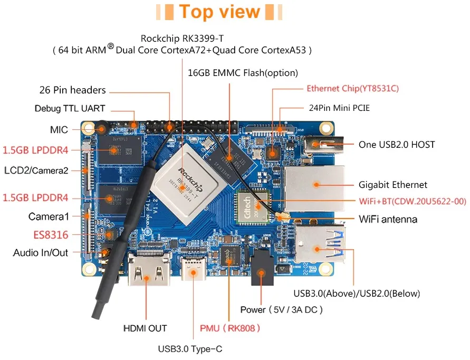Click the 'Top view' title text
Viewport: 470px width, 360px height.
pos(219,12)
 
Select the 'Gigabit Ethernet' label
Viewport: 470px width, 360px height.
pos(393,185)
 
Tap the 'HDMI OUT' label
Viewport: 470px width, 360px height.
pos(145,328)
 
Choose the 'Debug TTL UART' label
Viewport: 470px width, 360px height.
pos(70,108)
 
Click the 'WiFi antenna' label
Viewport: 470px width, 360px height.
pos(388,219)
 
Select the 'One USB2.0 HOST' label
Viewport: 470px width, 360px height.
pos(397,144)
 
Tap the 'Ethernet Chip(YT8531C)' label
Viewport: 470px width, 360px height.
pos(352,89)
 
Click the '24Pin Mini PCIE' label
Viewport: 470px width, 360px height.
pos(339,108)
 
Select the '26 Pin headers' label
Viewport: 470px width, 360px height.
pos(72,90)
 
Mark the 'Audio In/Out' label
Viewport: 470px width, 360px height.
pos(41,253)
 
